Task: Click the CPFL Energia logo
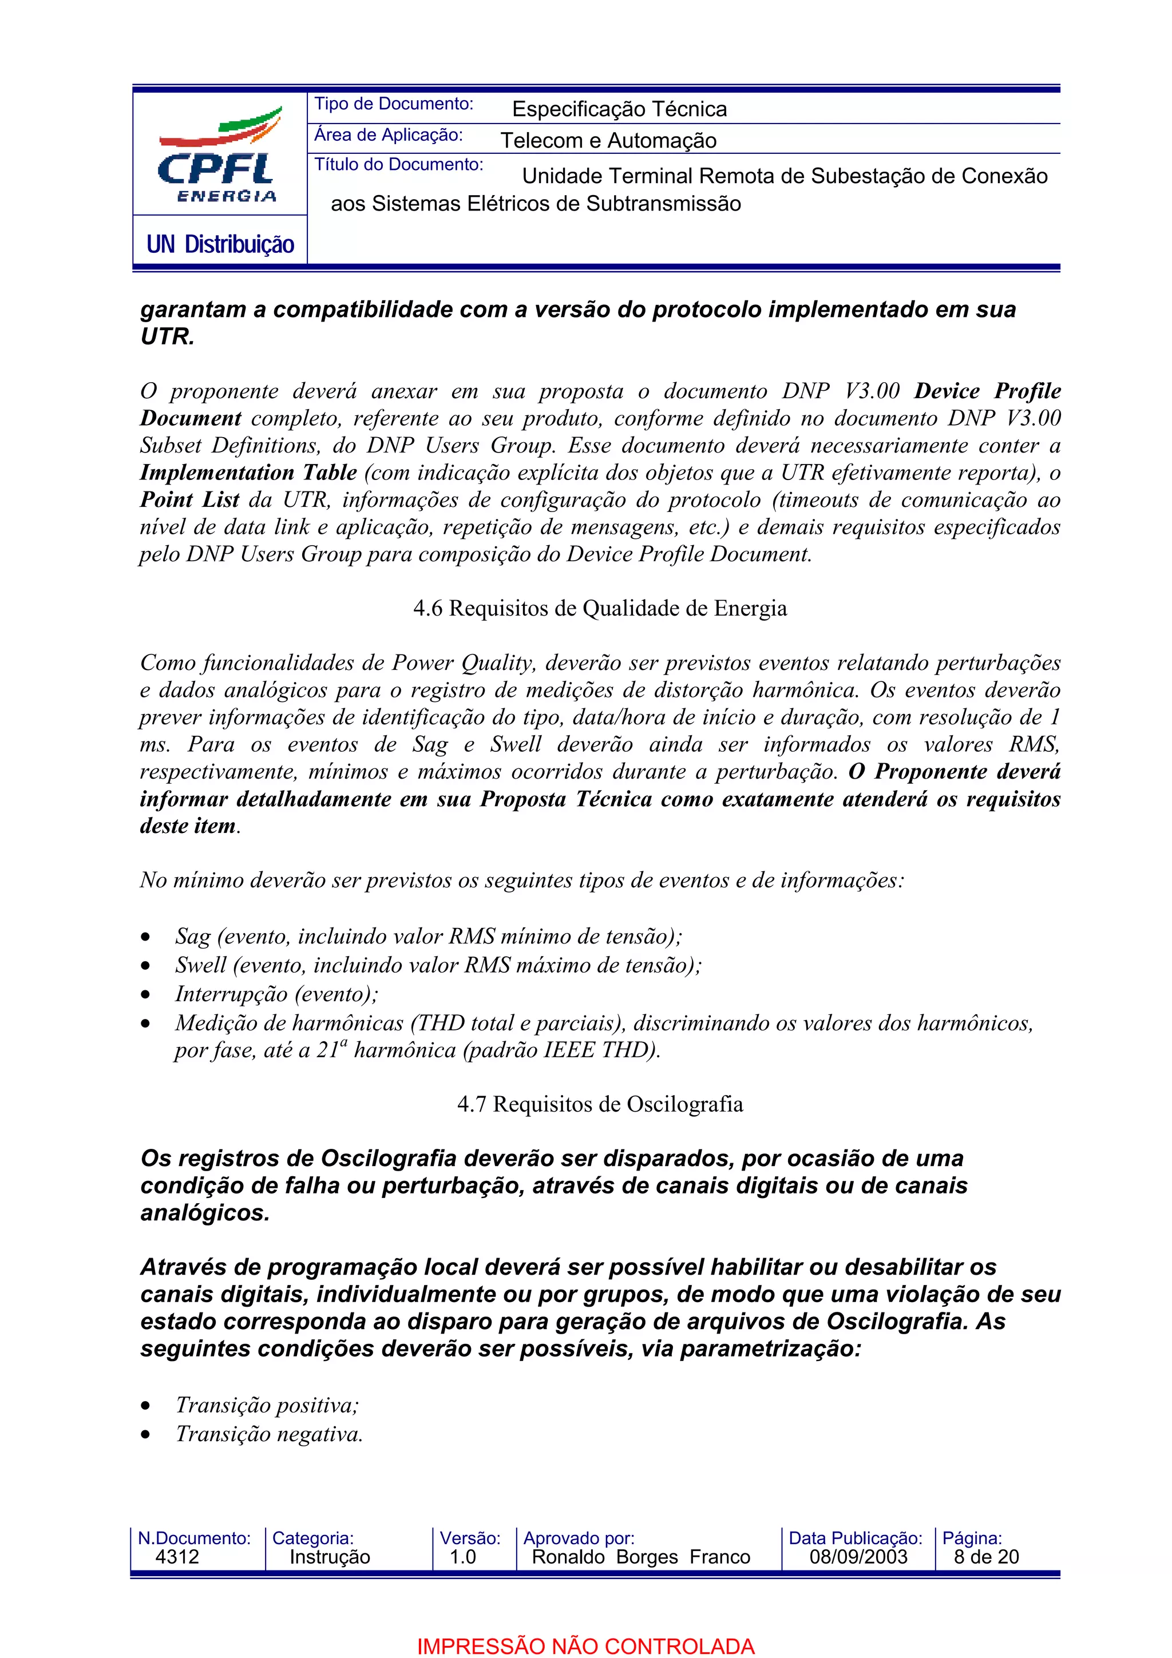219,155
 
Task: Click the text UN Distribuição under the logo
220,245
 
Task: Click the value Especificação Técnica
619,109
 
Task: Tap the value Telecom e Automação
608,140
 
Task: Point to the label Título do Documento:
398,165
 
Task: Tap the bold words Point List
189,499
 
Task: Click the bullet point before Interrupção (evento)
146,995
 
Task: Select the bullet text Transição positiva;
267,1405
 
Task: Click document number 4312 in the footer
177,1557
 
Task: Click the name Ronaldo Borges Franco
640,1557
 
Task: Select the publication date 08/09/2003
858,1557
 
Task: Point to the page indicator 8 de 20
985,1557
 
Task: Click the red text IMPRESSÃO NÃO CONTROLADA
585,1647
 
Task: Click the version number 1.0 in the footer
462,1557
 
